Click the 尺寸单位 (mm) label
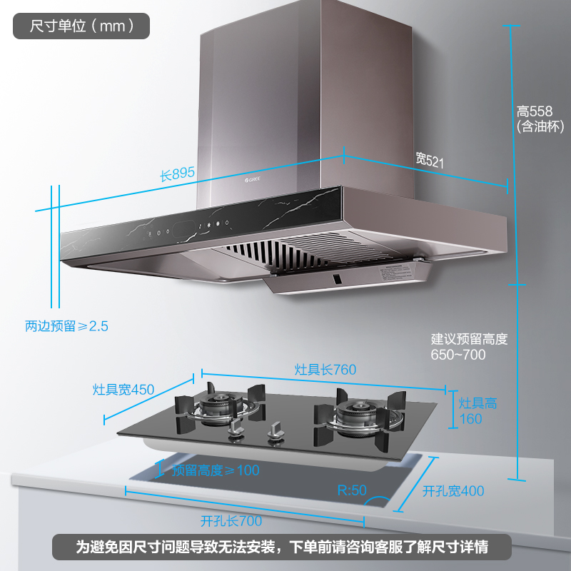point(81,26)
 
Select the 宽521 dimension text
point(430,160)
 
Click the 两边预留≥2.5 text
point(66,326)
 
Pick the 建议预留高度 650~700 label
point(469,346)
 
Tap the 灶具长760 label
point(325,370)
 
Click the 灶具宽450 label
point(123,390)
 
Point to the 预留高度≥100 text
point(216,470)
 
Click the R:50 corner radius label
point(351,490)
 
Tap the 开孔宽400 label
point(453,491)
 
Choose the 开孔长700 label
point(231,521)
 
